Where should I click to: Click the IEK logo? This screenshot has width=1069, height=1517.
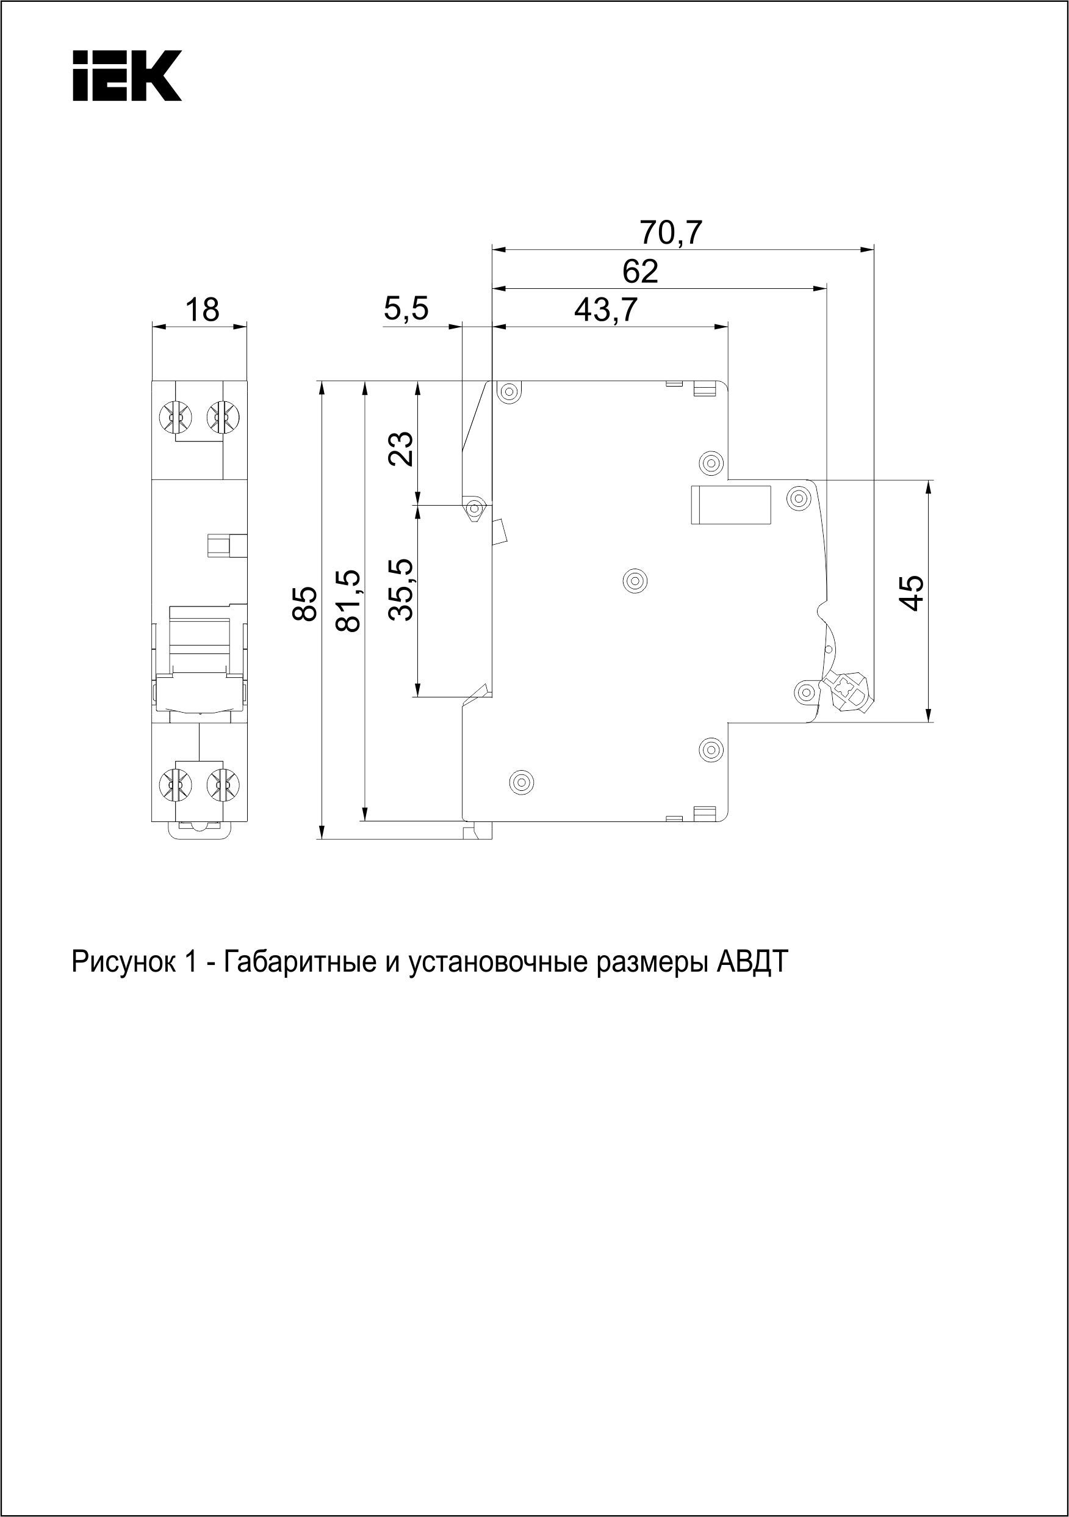[x=127, y=76]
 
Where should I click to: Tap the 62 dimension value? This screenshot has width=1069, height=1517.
[x=641, y=272]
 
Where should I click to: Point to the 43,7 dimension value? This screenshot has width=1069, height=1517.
[x=605, y=309]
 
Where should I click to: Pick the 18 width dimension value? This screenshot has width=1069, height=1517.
[x=201, y=310]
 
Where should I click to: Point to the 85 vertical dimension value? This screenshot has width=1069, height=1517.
[x=305, y=603]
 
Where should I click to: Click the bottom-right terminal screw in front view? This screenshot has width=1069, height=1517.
[x=223, y=784]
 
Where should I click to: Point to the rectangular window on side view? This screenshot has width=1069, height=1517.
[x=731, y=505]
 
